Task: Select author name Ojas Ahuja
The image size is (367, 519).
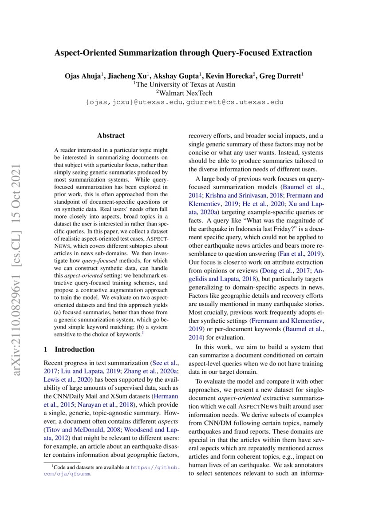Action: [84, 76]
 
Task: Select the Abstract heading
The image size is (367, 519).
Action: [111, 135]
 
